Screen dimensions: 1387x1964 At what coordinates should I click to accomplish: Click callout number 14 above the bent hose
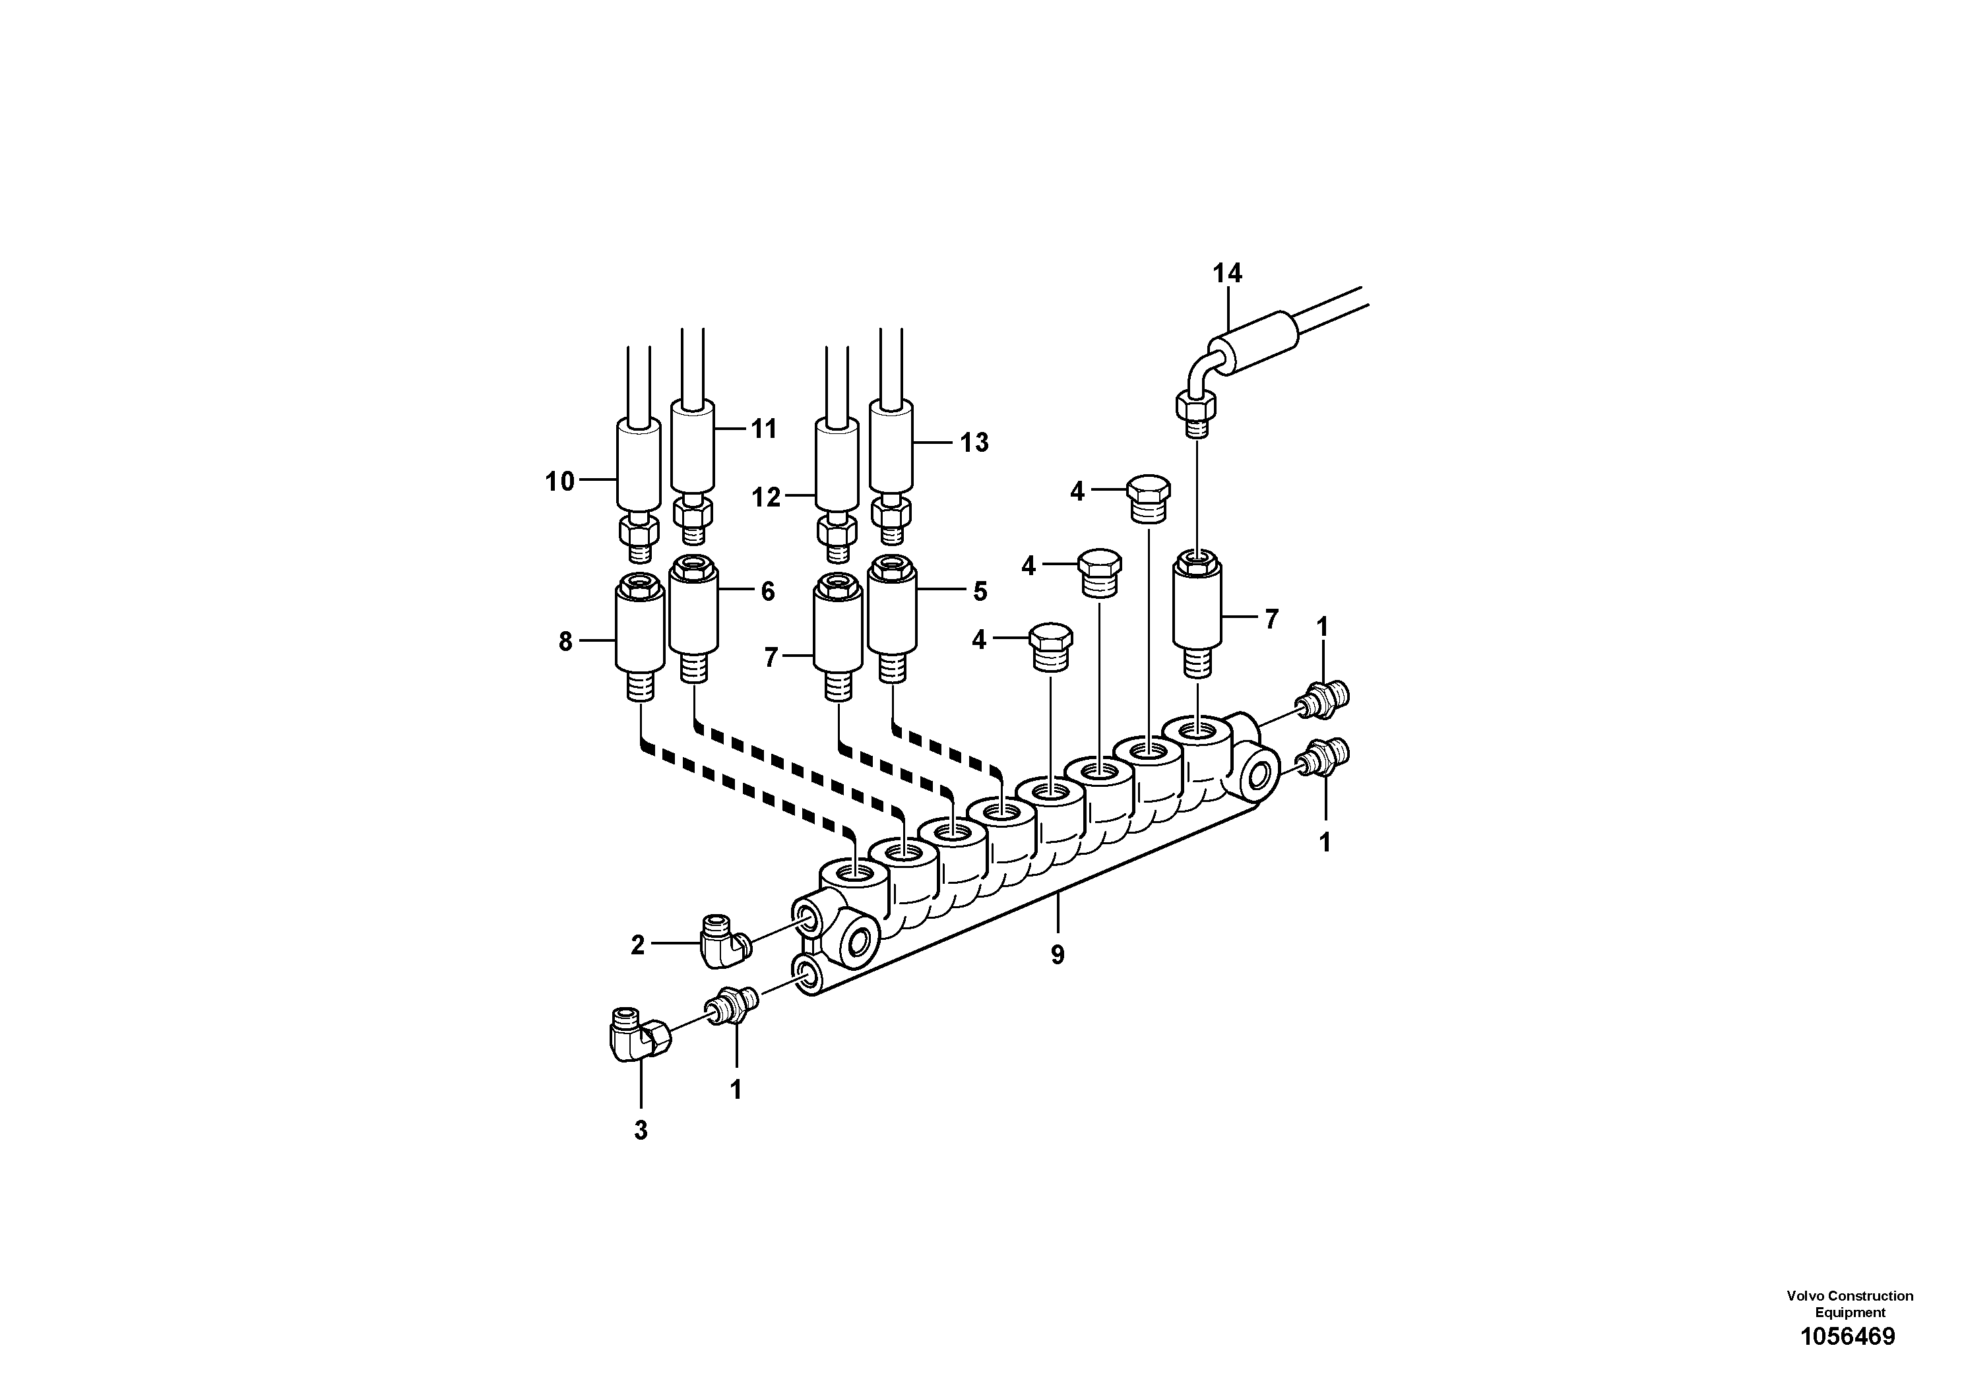[x=1226, y=274]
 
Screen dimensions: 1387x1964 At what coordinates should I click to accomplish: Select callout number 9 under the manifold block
[x=1058, y=955]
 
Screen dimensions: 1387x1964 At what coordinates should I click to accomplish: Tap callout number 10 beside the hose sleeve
[x=559, y=482]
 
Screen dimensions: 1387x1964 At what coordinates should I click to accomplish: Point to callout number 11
[x=763, y=429]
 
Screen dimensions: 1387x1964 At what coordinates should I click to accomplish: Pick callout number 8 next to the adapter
[x=565, y=641]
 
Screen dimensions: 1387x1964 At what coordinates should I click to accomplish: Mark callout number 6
[x=767, y=592]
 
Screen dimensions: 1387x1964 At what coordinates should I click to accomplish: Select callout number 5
[x=980, y=592]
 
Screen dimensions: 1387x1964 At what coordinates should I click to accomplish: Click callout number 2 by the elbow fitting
[x=637, y=946]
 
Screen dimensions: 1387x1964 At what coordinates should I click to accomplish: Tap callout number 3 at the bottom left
[x=641, y=1130]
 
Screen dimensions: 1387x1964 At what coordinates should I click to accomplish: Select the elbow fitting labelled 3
[x=638, y=1044]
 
